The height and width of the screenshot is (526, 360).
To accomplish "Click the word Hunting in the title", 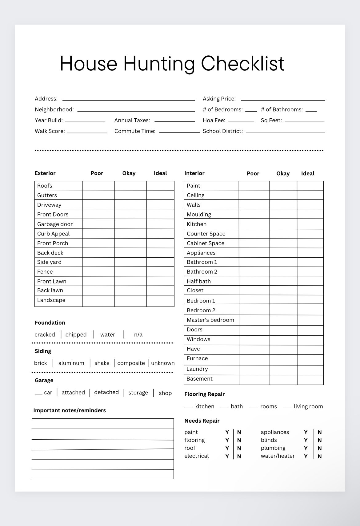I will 159,64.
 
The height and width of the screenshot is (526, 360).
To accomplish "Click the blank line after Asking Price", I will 283,99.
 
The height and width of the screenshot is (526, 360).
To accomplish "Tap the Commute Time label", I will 135,131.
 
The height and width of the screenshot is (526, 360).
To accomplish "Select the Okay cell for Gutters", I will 130,195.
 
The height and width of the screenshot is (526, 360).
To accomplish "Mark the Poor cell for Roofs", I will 98,186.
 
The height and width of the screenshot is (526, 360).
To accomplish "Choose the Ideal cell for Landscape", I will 160,301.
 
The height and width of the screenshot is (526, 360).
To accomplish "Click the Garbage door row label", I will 55,224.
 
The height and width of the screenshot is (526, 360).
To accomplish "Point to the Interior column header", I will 194,173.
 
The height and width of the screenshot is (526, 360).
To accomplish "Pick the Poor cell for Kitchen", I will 254,224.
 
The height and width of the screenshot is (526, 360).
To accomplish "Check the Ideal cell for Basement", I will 310,380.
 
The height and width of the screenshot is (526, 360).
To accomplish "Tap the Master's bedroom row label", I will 210,320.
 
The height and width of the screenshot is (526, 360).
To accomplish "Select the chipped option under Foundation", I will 76,335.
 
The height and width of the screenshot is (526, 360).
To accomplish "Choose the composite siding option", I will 131,363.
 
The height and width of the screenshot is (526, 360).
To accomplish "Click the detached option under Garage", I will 106,393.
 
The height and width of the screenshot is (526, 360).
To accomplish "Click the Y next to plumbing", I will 306,449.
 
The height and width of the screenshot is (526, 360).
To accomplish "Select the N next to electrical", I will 239,457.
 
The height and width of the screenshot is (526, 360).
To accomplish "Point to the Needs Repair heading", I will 202,421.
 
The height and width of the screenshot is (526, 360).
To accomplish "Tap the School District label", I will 223,131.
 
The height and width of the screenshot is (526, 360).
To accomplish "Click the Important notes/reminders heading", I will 70,410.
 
